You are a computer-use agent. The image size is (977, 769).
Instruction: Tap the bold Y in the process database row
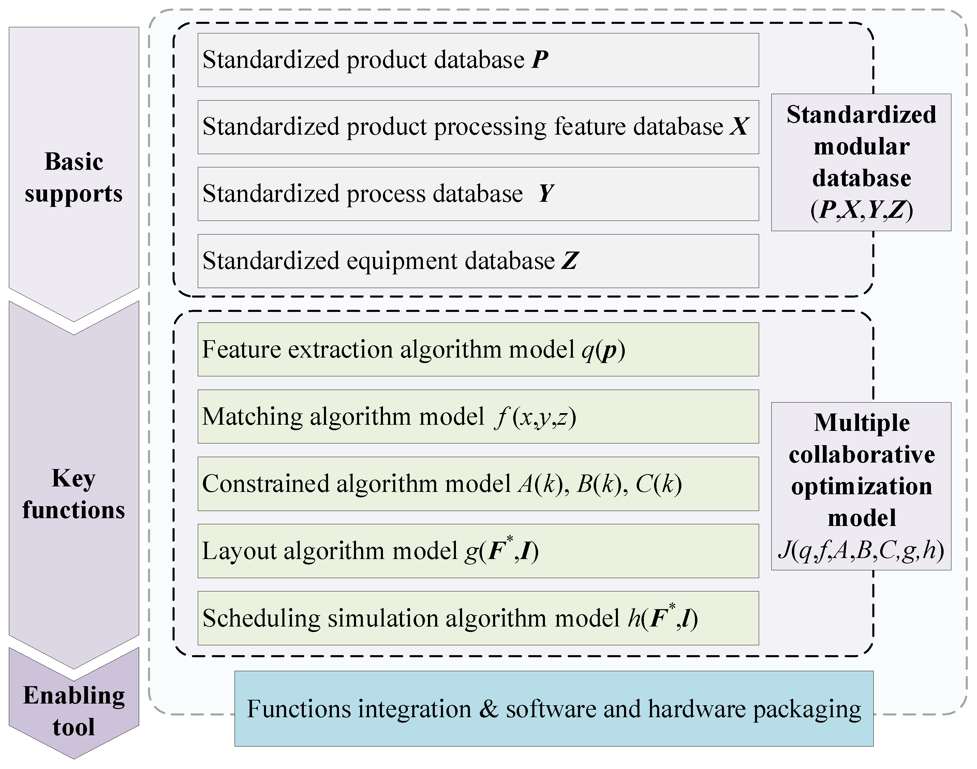[x=546, y=194]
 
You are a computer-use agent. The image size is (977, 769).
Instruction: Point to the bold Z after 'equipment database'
[x=569, y=261]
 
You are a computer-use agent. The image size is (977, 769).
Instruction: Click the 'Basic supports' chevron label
[x=74, y=177]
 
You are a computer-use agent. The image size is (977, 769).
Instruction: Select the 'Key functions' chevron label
[x=74, y=494]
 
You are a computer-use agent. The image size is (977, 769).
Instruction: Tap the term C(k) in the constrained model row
[x=658, y=484]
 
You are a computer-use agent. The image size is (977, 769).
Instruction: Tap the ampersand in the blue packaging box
[x=489, y=709]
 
